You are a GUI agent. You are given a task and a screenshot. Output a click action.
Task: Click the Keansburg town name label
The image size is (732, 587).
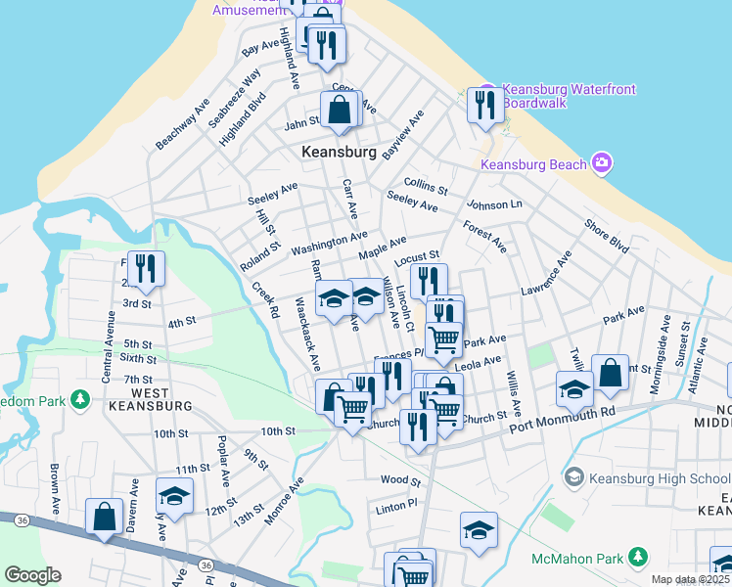point(339,153)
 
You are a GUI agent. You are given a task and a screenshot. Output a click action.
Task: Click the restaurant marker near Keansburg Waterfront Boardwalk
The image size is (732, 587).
point(485,104)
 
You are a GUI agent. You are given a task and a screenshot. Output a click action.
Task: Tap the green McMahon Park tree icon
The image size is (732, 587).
point(639,557)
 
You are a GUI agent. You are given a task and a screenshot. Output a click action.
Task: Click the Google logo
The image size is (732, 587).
point(32,575)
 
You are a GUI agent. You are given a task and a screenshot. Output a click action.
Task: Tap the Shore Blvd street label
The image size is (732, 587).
point(607,236)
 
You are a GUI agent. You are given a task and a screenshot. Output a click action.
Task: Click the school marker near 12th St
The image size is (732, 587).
point(174,496)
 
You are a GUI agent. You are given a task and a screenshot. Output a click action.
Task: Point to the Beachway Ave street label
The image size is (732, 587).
point(182,123)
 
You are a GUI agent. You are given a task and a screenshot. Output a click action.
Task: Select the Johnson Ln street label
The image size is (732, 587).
point(494,205)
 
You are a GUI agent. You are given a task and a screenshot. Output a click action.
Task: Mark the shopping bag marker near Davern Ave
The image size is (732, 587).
point(104,517)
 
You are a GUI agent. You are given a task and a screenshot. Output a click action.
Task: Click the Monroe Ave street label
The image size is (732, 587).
point(285,500)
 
